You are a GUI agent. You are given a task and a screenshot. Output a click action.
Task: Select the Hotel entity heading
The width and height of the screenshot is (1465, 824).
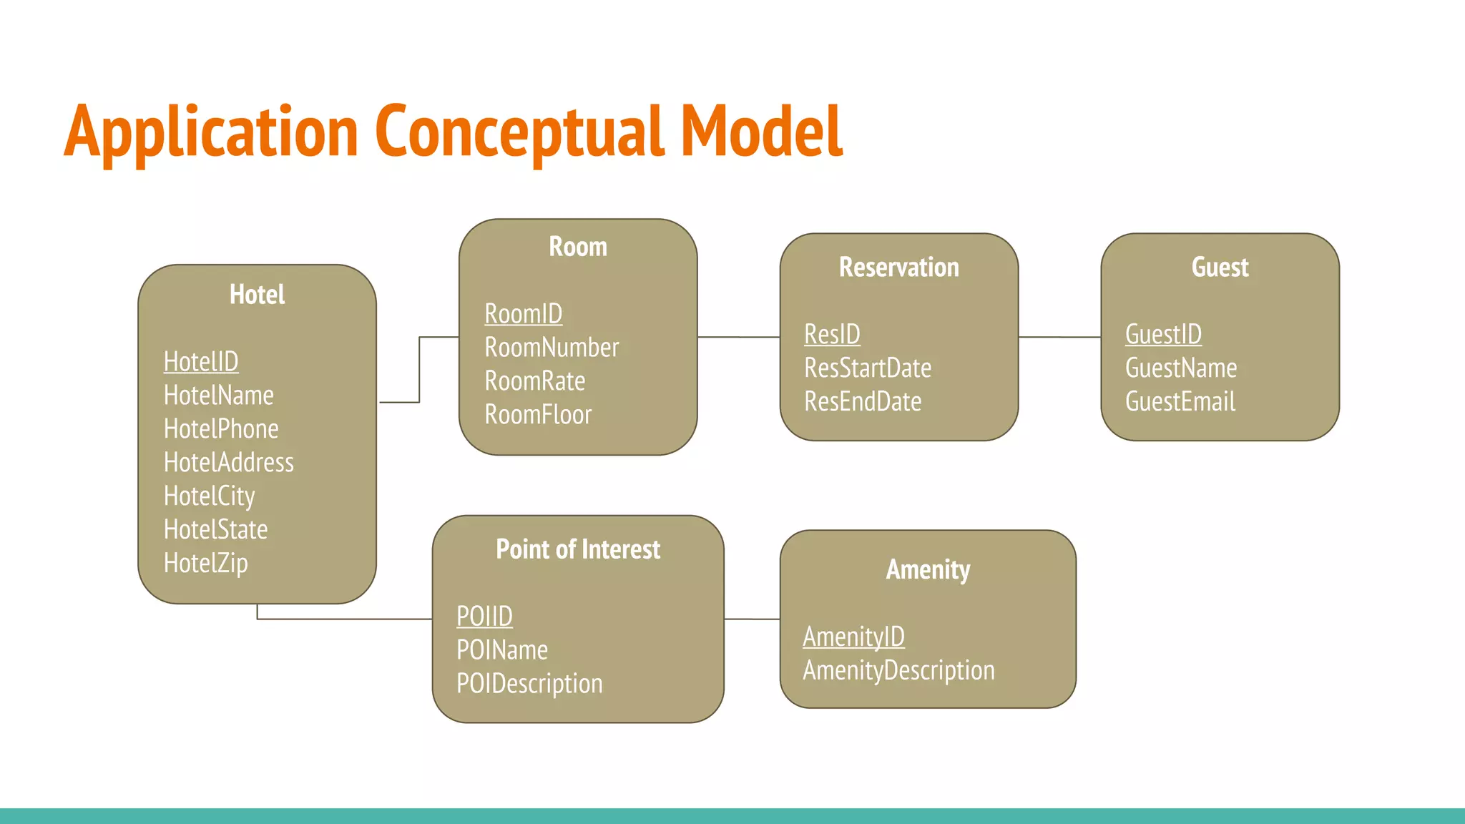coord(257,295)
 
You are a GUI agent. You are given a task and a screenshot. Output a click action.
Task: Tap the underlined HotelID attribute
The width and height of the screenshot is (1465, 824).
coord(201,362)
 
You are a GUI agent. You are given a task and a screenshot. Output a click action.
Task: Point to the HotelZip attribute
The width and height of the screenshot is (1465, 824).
coord(206,563)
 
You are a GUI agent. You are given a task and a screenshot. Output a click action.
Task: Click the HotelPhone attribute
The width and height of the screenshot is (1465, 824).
coord(221,429)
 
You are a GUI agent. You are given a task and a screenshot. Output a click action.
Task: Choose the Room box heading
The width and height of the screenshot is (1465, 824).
coord(578,247)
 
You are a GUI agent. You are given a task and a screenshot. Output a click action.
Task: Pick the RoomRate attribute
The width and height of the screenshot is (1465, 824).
coord(535,381)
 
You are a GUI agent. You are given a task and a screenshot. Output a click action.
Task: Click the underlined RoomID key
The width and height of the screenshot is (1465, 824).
coord(524,314)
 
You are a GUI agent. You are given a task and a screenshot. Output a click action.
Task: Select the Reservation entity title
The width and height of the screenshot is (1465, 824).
coord(898,268)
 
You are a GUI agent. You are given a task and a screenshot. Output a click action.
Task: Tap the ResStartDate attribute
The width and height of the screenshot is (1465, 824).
coord(868,368)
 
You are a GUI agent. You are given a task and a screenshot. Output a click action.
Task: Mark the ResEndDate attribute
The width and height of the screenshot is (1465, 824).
coord(863,402)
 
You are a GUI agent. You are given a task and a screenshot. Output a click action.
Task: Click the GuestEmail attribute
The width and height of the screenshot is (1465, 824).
coord(1180,402)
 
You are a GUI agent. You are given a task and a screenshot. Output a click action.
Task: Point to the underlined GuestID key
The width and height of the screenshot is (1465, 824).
coord(1163,335)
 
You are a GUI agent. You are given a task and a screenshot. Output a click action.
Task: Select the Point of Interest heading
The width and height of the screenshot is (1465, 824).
coord(578,549)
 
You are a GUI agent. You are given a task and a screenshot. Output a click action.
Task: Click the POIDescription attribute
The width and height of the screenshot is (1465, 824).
coord(529,684)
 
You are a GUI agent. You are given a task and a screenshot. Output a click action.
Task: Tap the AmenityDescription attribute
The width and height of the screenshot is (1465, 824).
coord(898,671)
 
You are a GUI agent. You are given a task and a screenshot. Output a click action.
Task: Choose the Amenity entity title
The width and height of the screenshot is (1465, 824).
coord(928,570)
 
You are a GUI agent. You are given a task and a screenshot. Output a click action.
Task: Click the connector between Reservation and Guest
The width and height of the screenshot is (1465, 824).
coord(1059,337)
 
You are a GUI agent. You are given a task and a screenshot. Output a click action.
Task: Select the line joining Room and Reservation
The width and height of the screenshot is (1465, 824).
coord(738,337)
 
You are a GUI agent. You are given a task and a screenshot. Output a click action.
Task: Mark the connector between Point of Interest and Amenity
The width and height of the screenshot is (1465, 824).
coord(752,619)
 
